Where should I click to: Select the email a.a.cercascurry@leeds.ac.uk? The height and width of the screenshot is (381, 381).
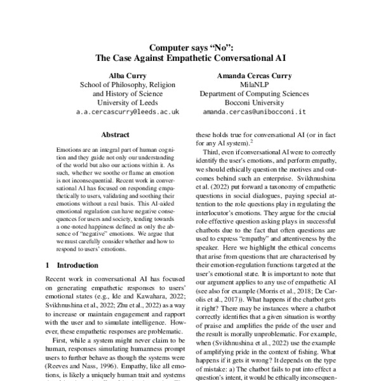(119, 111)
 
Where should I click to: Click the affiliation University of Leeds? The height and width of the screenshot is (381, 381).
(119, 102)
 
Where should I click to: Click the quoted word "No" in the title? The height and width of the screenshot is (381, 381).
(220, 46)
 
